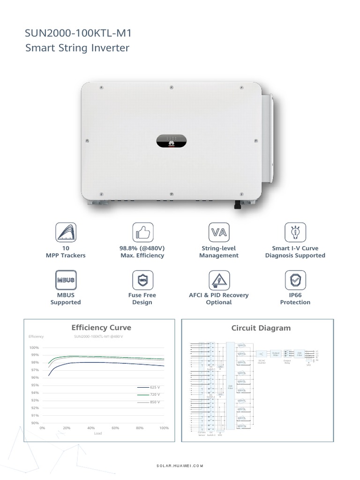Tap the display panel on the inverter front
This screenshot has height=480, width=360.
tap(171, 140)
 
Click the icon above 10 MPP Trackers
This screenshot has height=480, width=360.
tap(65, 232)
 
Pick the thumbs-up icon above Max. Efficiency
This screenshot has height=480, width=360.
tap(142, 232)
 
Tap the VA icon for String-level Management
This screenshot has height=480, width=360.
tap(218, 232)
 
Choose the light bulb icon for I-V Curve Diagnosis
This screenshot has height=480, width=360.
tap(295, 232)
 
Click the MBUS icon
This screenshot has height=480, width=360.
tap(65, 280)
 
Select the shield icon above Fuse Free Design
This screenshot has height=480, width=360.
tap(142, 280)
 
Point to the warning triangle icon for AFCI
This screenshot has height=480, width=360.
tap(218, 280)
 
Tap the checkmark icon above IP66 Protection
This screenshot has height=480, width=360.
tap(295, 280)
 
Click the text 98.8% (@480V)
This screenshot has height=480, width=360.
tap(142, 248)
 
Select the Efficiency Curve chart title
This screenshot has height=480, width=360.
tap(101, 328)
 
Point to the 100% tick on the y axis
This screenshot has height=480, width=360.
tap(34, 348)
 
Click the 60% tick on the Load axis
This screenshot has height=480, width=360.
tap(115, 428)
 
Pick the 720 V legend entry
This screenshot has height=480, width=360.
tap(155, 395)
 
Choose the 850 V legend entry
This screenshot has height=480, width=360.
tap(155, 402)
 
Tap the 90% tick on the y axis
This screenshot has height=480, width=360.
tap(34, 423)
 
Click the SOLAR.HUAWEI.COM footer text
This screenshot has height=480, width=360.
tap(180, 466)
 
